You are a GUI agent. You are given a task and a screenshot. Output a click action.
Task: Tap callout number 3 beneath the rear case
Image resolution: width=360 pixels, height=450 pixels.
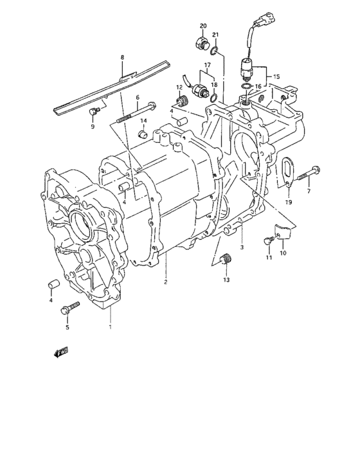click(241, 247)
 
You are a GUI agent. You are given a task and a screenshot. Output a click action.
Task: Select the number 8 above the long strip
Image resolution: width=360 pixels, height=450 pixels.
click(122, 57)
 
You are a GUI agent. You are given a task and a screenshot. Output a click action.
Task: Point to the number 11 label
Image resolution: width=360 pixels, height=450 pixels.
click(269, 258)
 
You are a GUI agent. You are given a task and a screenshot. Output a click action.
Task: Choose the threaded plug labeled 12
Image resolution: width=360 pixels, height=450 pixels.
click(182, 100)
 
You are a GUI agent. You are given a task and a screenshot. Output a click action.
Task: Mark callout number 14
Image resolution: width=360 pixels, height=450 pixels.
click(144, 122)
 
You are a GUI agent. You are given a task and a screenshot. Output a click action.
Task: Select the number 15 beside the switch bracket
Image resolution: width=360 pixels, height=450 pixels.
click(276, 76)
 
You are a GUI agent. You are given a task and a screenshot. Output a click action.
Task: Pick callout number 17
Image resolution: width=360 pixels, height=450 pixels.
click(208, 65)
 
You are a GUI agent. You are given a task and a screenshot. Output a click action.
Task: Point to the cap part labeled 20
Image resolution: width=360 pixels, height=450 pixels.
click(201, 44)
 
